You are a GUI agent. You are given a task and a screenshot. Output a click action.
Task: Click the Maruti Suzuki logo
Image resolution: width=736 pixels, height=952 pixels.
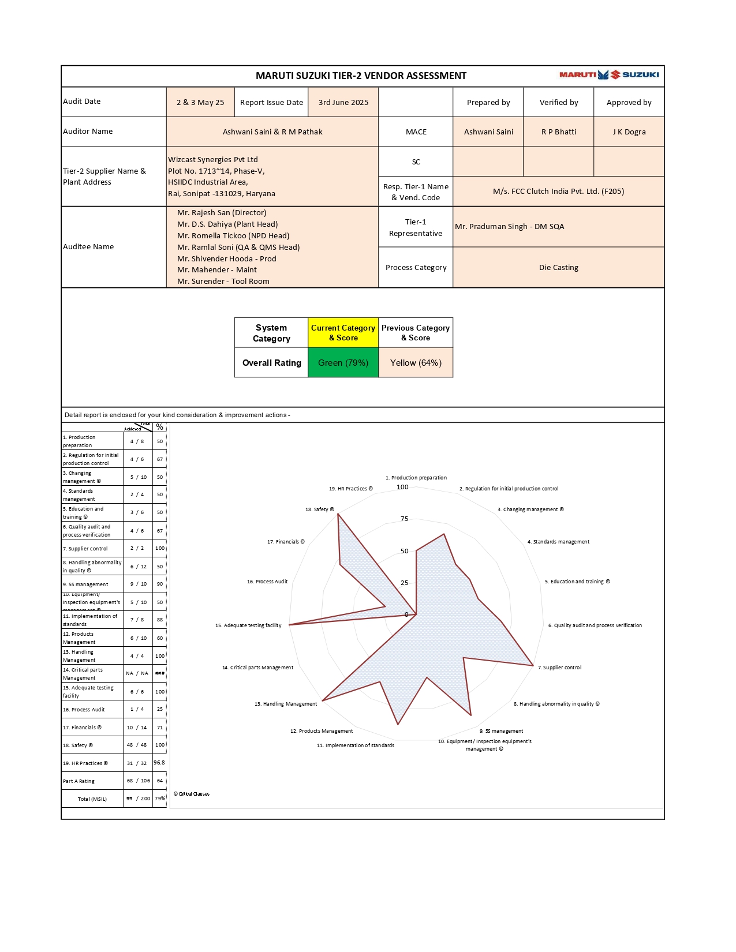coord(609,74)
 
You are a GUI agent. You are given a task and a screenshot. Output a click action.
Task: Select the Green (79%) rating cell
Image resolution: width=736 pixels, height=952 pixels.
coord(343,363)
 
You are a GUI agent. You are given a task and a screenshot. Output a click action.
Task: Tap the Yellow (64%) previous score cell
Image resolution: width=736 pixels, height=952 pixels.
coord(416,363)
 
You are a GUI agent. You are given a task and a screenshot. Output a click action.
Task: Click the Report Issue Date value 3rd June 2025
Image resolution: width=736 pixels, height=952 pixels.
coord(343,103)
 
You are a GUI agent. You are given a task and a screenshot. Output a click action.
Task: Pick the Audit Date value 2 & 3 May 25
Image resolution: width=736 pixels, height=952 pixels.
coord(200,103)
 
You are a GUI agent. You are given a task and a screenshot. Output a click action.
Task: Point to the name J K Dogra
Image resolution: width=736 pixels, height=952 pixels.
coord(629,132)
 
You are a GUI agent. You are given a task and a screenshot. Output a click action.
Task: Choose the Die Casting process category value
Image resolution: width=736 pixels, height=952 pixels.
coord(558,268)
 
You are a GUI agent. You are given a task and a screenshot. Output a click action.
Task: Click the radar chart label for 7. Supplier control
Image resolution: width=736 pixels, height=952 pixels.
coord(559,668)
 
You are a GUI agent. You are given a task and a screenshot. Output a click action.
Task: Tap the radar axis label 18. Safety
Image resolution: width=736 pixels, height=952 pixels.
coord(319,509)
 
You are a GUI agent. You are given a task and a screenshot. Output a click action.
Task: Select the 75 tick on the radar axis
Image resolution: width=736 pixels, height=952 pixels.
coord(405,519)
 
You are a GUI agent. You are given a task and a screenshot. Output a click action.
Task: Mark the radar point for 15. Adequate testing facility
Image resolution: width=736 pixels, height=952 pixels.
coord(289,624)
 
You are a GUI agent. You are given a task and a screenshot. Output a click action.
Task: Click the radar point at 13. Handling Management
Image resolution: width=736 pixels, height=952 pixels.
coord(323,700)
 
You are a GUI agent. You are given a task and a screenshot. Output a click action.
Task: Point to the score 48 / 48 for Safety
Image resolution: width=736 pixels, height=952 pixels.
coord(137,745)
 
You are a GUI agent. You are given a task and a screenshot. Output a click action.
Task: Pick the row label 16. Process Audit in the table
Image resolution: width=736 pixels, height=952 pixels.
coord(84,710)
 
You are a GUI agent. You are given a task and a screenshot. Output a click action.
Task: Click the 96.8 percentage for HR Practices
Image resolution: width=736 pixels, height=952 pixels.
coord(159,763)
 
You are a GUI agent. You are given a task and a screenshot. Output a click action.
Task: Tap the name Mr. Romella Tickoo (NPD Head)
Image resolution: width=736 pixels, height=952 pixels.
coord(233,236)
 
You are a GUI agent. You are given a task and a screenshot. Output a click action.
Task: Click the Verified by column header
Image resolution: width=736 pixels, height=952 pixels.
coord(558,103)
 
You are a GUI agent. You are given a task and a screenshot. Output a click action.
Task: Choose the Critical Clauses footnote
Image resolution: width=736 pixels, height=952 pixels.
coord(192,794)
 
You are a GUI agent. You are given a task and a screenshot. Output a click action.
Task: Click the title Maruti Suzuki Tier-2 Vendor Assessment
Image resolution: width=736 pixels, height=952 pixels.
coord(361,76)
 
